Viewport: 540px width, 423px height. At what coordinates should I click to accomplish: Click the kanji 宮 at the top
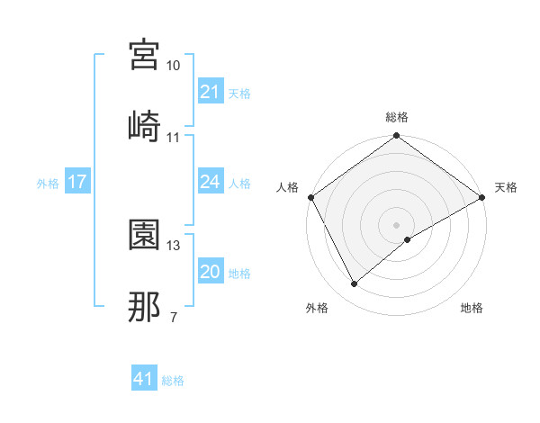(x=145, y=56)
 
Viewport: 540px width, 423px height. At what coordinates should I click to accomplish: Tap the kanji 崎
(x=145, y=125)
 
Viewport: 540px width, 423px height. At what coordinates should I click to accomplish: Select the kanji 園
(x=145, y=235)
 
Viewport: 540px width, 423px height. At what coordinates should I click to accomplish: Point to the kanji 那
(x=145, y=306)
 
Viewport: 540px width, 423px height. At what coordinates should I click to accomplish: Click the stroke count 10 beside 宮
(x=173, y=67)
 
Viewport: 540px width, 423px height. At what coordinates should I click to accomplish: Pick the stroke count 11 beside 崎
(x=173, y=138)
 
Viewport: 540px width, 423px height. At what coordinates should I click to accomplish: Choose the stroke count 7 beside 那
(x=173, y=318)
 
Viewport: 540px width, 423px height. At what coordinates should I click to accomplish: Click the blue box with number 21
(x=210, y=92)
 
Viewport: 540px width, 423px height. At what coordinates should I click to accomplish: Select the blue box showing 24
(x=210, y=183)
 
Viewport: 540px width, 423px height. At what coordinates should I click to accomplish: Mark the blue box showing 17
(x=77, y=183)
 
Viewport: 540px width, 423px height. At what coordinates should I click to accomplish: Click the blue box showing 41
(x=144, y=380)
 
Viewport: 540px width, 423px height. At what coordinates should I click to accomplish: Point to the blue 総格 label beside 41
(x=174, y=381)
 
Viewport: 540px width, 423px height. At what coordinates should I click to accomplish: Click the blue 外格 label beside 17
(x=48, y=184)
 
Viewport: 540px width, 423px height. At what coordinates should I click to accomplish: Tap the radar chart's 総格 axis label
(x=397, y=118)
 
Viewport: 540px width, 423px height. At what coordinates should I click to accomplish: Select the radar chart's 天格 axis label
(x=507, y=187)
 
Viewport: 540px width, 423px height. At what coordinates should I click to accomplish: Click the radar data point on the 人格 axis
(x=310, y=197)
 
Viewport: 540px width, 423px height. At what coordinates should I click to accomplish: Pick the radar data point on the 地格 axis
(x=408, y=239)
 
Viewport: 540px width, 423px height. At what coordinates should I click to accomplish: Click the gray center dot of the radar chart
(x=397, y=224)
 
